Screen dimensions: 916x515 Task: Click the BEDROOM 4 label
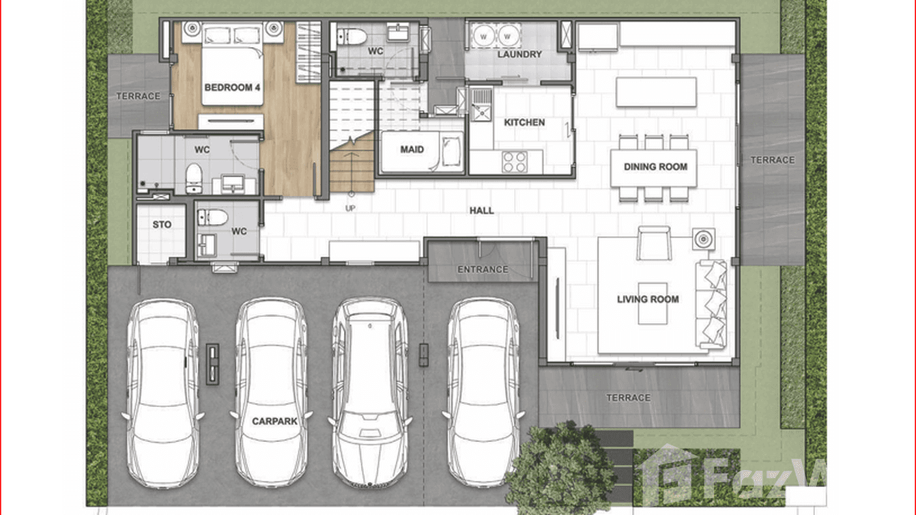pos(232,87)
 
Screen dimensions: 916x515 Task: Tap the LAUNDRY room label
pos(519,55)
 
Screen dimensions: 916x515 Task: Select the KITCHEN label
pos(524,122)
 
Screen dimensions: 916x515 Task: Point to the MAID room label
pos(412,150)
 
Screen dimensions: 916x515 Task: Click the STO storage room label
pos(162,225)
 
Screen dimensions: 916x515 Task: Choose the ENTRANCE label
pos(483,270)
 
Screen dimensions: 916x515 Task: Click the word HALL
pos(481,210)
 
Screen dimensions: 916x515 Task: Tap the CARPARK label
pos(274,421)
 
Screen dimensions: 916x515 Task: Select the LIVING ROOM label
pos(648,299)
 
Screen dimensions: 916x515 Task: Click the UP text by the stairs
pos(350,208)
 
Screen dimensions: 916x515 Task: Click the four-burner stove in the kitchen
pos(515,162)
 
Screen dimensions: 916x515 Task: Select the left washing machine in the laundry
pos(484,36)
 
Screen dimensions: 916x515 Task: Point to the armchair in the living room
pos(654,243)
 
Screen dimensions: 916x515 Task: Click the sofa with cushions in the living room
pos(711,305)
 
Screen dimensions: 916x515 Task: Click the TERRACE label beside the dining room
pos(773,160)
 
